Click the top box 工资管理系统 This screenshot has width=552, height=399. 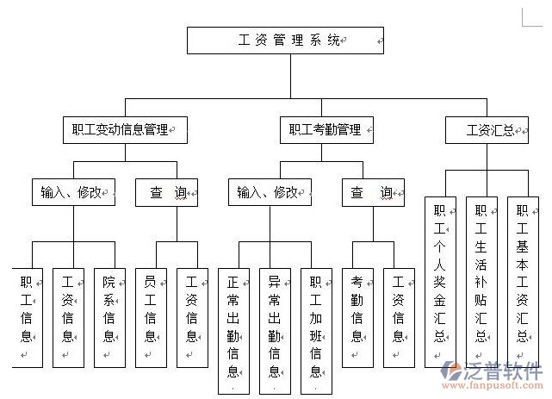pyautogui.click(x=285, y=40)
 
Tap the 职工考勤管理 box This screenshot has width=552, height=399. pyautogui.click(x=326, y=130)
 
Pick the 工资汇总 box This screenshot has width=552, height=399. pyautogui.click(x=492, y=130)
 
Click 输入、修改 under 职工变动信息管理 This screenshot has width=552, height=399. pyautogui.click(x=73, y=191)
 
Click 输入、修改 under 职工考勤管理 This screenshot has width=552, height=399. pyautogui.click(x=270, y=191)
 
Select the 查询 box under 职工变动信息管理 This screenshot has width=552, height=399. pyautogui.click(x=167, y=191)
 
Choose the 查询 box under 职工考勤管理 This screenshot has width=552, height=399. pyautogui.click(x=373, y=191)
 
